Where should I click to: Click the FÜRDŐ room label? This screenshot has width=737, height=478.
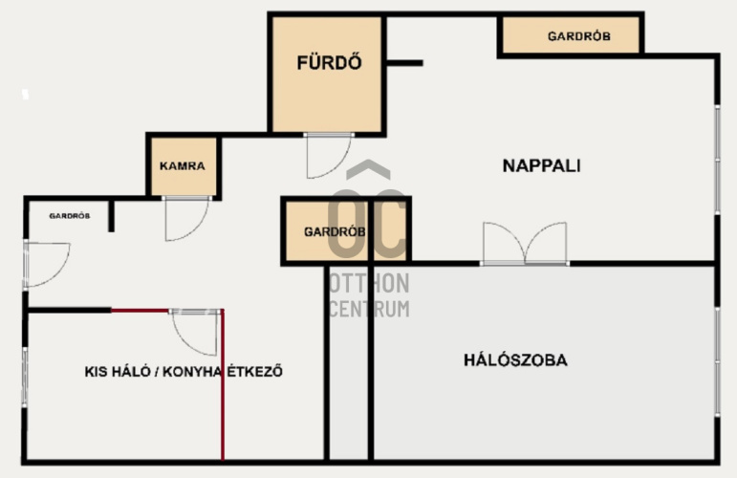point(329,62)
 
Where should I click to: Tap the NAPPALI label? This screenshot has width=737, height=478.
point(541,166)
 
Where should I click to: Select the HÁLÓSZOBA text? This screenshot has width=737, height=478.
point(515,360)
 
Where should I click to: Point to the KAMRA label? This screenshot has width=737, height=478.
point(183,166)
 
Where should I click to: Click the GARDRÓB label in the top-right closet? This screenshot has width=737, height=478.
point(579,36)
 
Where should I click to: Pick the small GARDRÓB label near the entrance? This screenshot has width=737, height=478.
point(70,216)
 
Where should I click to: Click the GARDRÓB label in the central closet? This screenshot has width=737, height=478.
point(335,231)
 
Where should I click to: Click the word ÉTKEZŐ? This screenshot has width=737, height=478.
point(255,371)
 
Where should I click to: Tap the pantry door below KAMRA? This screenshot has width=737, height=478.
point(186,219)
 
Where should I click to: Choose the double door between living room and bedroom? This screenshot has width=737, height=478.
point(525,244)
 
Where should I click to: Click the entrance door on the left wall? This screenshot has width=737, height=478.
point(46,264)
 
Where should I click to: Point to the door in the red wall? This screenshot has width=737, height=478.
point(195,332)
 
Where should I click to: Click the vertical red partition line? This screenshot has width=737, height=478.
point(223,385)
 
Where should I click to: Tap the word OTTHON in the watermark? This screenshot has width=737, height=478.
point(369,283)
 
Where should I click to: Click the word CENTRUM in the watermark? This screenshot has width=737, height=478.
point(369,309)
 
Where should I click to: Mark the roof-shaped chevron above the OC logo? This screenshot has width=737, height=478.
point(369,169)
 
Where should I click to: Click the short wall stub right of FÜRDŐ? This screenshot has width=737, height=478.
point(404,62)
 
